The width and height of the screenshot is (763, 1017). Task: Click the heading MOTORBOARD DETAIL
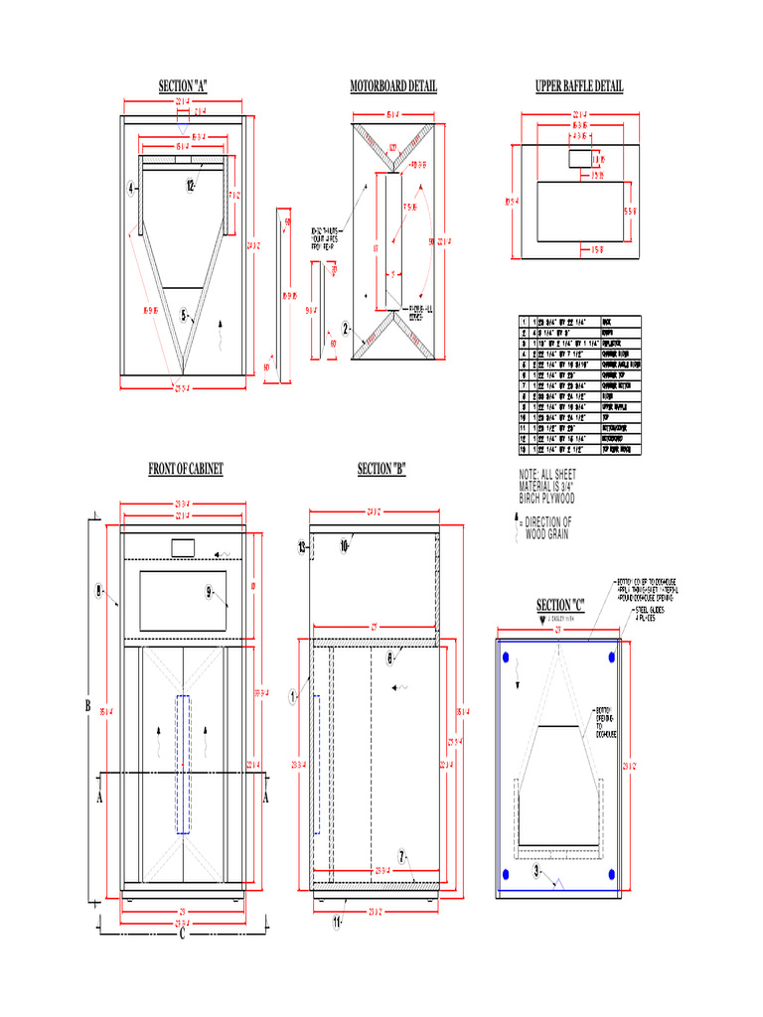pos(392,87)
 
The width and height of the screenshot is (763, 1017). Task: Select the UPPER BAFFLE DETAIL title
pos(579,87)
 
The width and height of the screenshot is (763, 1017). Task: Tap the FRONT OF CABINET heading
pos(186,469)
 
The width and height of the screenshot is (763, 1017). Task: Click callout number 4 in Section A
pos(130,187)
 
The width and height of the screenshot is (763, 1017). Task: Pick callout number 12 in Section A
pos(189,185)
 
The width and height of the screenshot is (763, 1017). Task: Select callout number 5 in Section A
pos(185,316)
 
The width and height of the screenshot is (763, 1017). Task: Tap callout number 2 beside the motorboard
pos(346,328)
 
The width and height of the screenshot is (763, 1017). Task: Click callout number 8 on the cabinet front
pos(99,591)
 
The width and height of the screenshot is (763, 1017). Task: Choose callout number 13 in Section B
pos(302,546)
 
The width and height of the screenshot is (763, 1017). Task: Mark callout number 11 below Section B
pos(337,921)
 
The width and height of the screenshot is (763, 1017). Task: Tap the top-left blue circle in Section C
pos(507,657)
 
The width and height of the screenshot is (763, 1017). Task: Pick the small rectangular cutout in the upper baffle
pos(577,158)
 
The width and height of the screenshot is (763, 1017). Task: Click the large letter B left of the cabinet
pos(88,706)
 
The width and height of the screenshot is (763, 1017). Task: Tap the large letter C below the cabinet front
pos(183,933)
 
